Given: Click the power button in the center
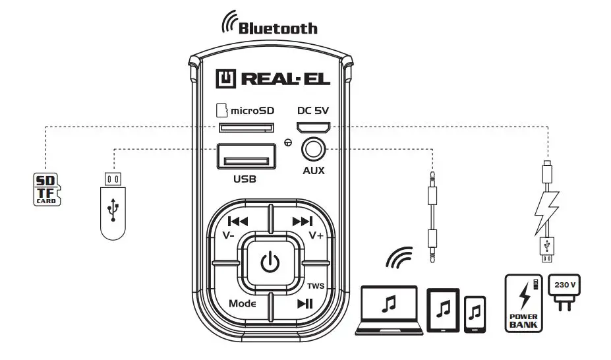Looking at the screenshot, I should (270, 263).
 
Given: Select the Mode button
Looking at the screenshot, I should (242, 303).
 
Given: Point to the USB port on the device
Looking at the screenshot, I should (246, 159).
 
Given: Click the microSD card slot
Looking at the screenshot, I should (245, 127).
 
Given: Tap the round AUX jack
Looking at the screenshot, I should (314, 150).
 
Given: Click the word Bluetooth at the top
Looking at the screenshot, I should (277, 28).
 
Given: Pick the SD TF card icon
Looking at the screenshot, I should (46, 188).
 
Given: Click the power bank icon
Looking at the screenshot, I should (523, 302).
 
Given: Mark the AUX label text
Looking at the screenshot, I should (314, 171).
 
